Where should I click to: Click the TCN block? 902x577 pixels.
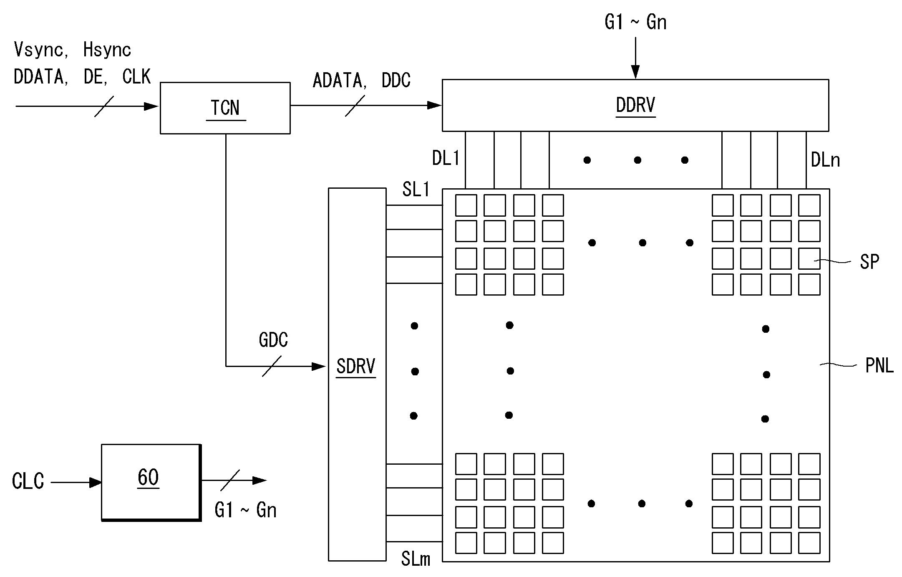(225, 108)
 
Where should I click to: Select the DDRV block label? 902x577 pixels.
(635, 105)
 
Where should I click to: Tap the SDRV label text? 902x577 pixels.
(356, 366)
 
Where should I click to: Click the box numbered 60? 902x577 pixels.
(151, 482)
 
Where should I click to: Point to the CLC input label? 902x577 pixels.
(28, 481)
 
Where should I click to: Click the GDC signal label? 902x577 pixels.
(273, 340)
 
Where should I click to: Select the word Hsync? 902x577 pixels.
(107, 50)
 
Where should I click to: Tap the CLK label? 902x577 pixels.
(136, 76)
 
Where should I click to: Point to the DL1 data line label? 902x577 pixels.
(446, 158)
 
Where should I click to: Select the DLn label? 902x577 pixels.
(825, 160)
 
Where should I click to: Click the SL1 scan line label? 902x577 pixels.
(416, 189)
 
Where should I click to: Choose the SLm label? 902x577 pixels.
(416, 559)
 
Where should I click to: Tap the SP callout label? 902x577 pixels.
(869, 262)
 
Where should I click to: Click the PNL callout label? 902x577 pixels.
(879, 366)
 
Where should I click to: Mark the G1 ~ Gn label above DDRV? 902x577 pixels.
(635, 22)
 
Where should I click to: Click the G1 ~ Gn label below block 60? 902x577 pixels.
(245, 510)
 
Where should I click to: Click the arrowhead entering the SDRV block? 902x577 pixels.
(319, 367)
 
